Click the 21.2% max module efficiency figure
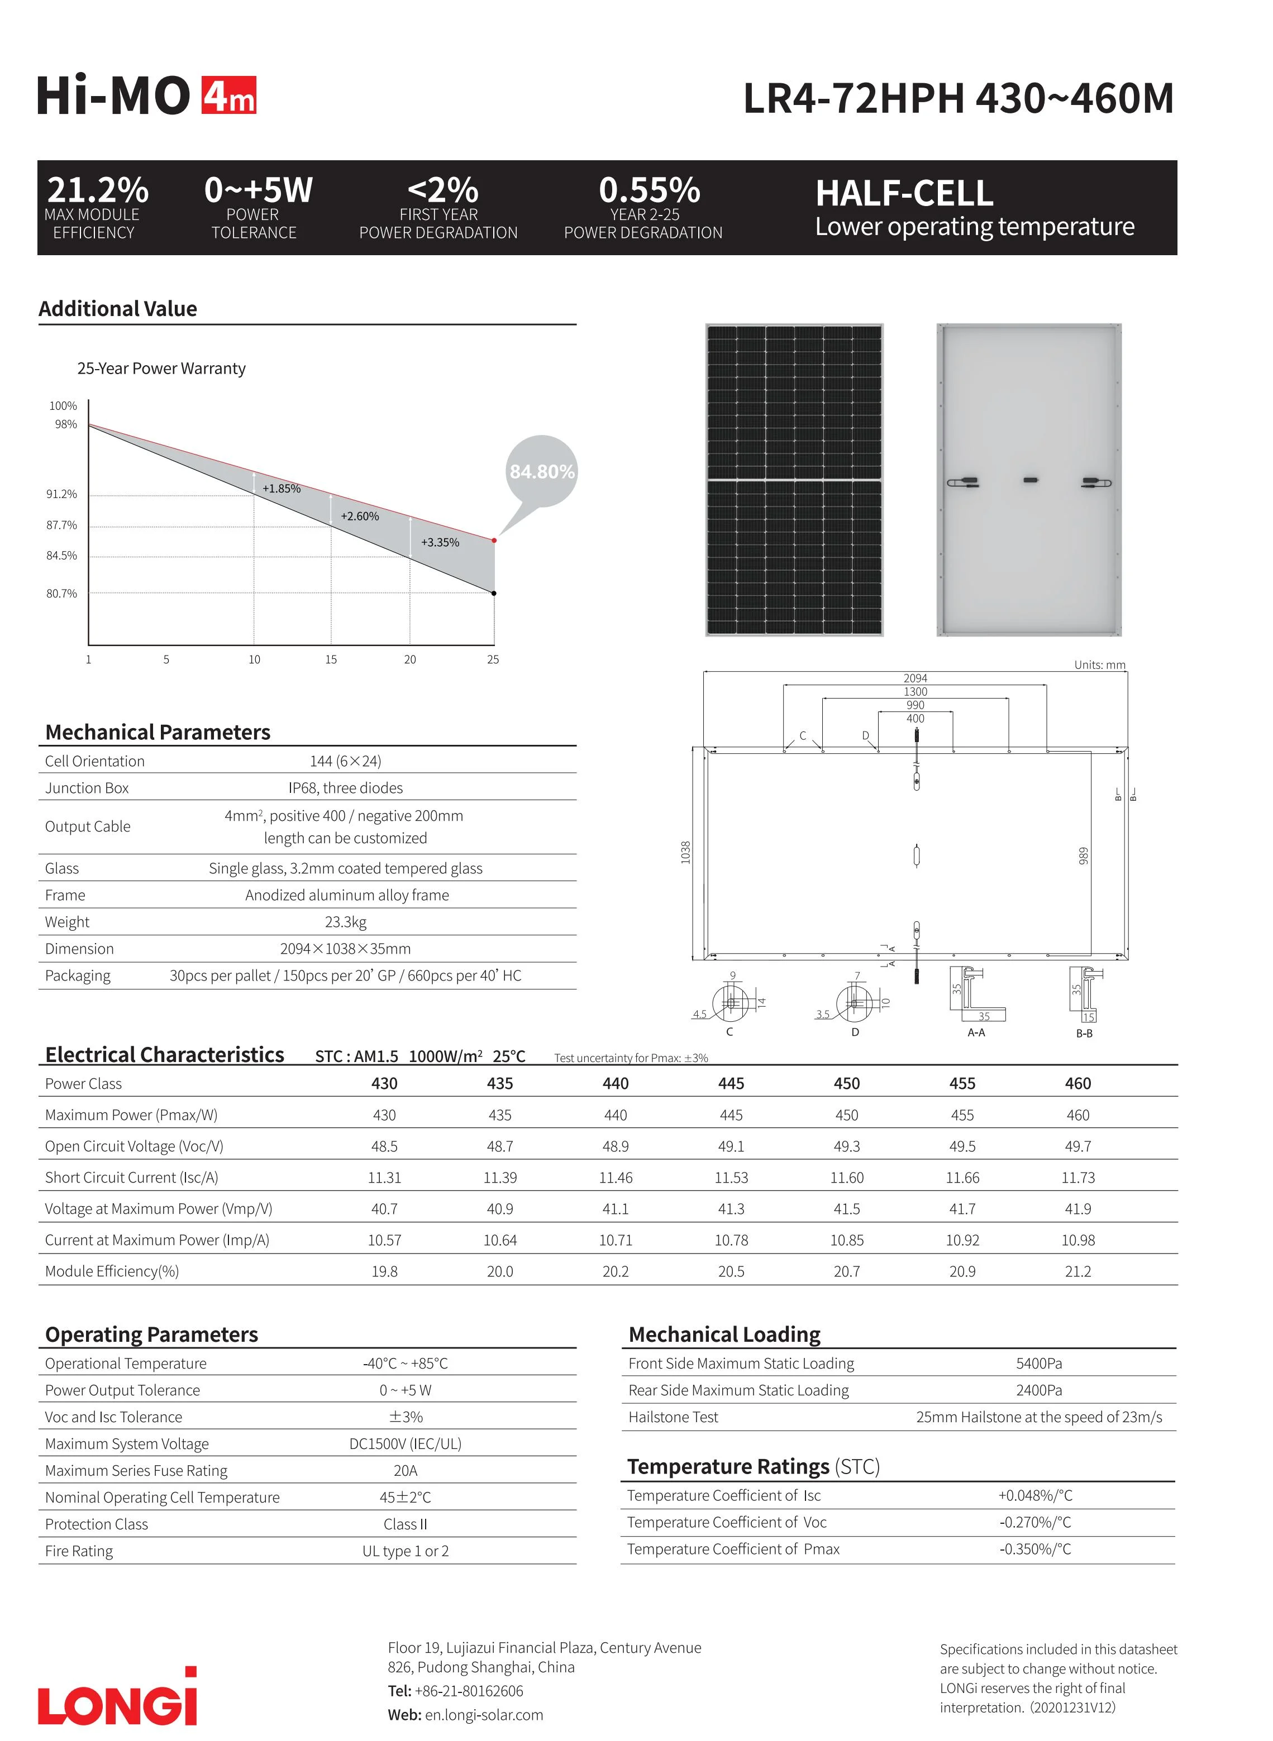(x=98, y=189)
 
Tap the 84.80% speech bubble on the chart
(x=542, y=471)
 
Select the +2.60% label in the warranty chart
(x=360, y=516)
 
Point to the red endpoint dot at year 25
(x=494, y=541)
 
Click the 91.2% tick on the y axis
(x=61, y=494)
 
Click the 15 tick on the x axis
(x=331, y=659)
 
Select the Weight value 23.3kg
(x=345, y=922)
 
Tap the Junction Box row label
(x=87, y=788)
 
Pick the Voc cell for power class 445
(x=731, y=1146)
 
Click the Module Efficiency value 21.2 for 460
(x=1077, y=1271)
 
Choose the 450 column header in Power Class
(x=846, y=1083)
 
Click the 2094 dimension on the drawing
(x=915, y=678)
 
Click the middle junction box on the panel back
(x=1030, y=481)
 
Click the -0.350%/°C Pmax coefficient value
(x=1035, y=1548)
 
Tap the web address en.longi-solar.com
(x=484, y=1715)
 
